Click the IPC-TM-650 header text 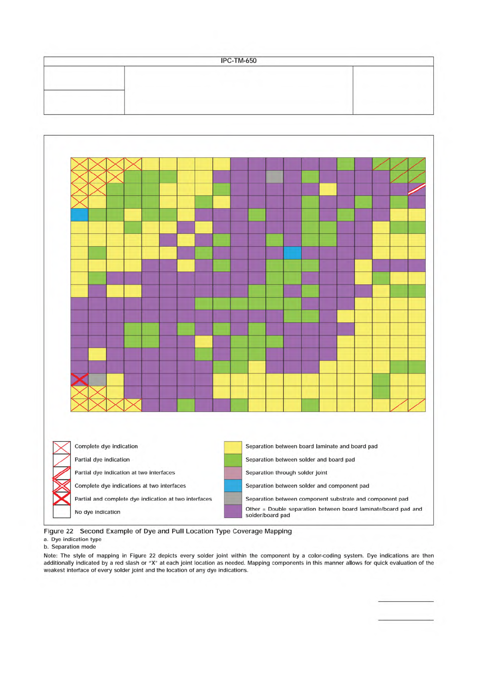(x=238, y=61)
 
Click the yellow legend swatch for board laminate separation (x=233, y=447)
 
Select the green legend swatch (x=233, y=460)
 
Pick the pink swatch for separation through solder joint (x=233, y=473)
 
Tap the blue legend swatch (x=233, y=485)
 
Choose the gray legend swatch (x=233, y=498)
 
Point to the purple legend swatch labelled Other (x=233, y=512)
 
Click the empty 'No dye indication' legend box (x=62, y=512)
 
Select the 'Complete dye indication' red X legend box (x=62, y=447)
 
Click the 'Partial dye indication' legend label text (x=102, y=460)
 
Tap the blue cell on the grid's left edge (x=79, y=215)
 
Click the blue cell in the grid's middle (x=292, y=253)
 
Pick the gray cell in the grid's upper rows (x=275, y=177)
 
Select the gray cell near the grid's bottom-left (x=97, y=379)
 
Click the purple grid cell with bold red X (x=79, y=379)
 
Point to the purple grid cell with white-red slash (x=417, y=189)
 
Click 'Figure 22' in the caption (x=58, y=531)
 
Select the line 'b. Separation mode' (x=70, y=547)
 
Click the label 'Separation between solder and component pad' (x=307, y=486)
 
